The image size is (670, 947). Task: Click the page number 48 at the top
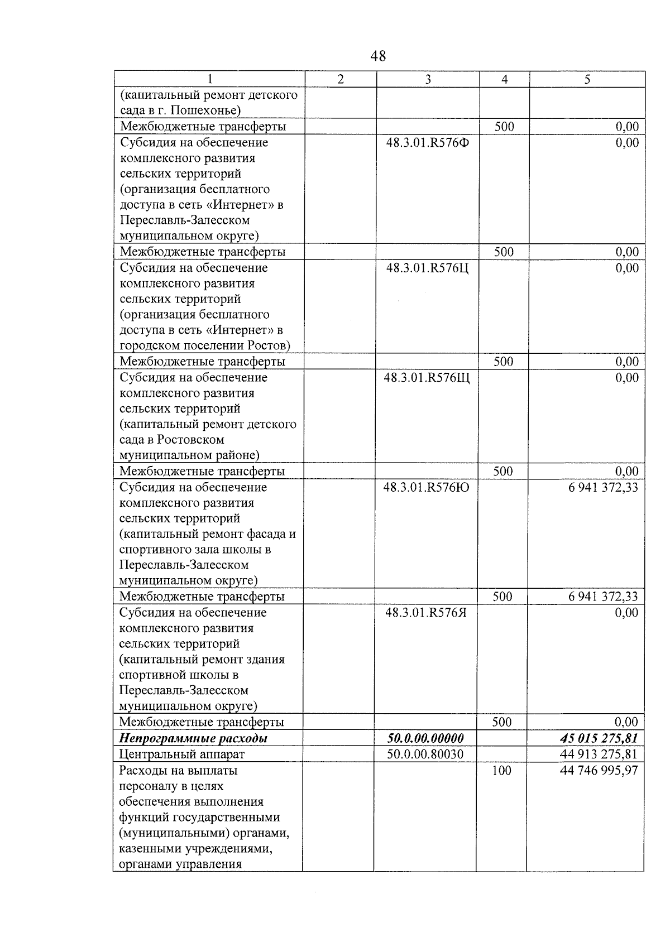pos(378,56)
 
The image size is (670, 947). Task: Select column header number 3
pos(428,80)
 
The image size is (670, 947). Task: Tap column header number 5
pos(587,80)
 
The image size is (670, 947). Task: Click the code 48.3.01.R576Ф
pos(428,143)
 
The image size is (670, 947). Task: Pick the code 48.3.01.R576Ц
pos(428,268)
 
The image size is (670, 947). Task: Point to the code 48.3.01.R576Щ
pos(427,378)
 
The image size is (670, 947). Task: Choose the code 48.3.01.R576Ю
pos(427,488)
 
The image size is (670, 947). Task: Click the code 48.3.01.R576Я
pos(426,613)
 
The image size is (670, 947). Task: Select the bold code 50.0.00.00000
pos(425,738)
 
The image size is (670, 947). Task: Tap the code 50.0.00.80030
pos(425,754)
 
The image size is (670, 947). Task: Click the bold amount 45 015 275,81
pos(599,738)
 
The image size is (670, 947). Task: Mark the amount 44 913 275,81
pos(599,754)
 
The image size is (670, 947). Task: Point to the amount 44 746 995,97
pos(599,771)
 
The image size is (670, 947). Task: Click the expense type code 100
pos(502,771)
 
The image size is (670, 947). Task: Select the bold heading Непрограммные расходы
pos(193,738)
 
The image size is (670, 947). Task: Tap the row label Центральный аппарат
pos(182,754)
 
